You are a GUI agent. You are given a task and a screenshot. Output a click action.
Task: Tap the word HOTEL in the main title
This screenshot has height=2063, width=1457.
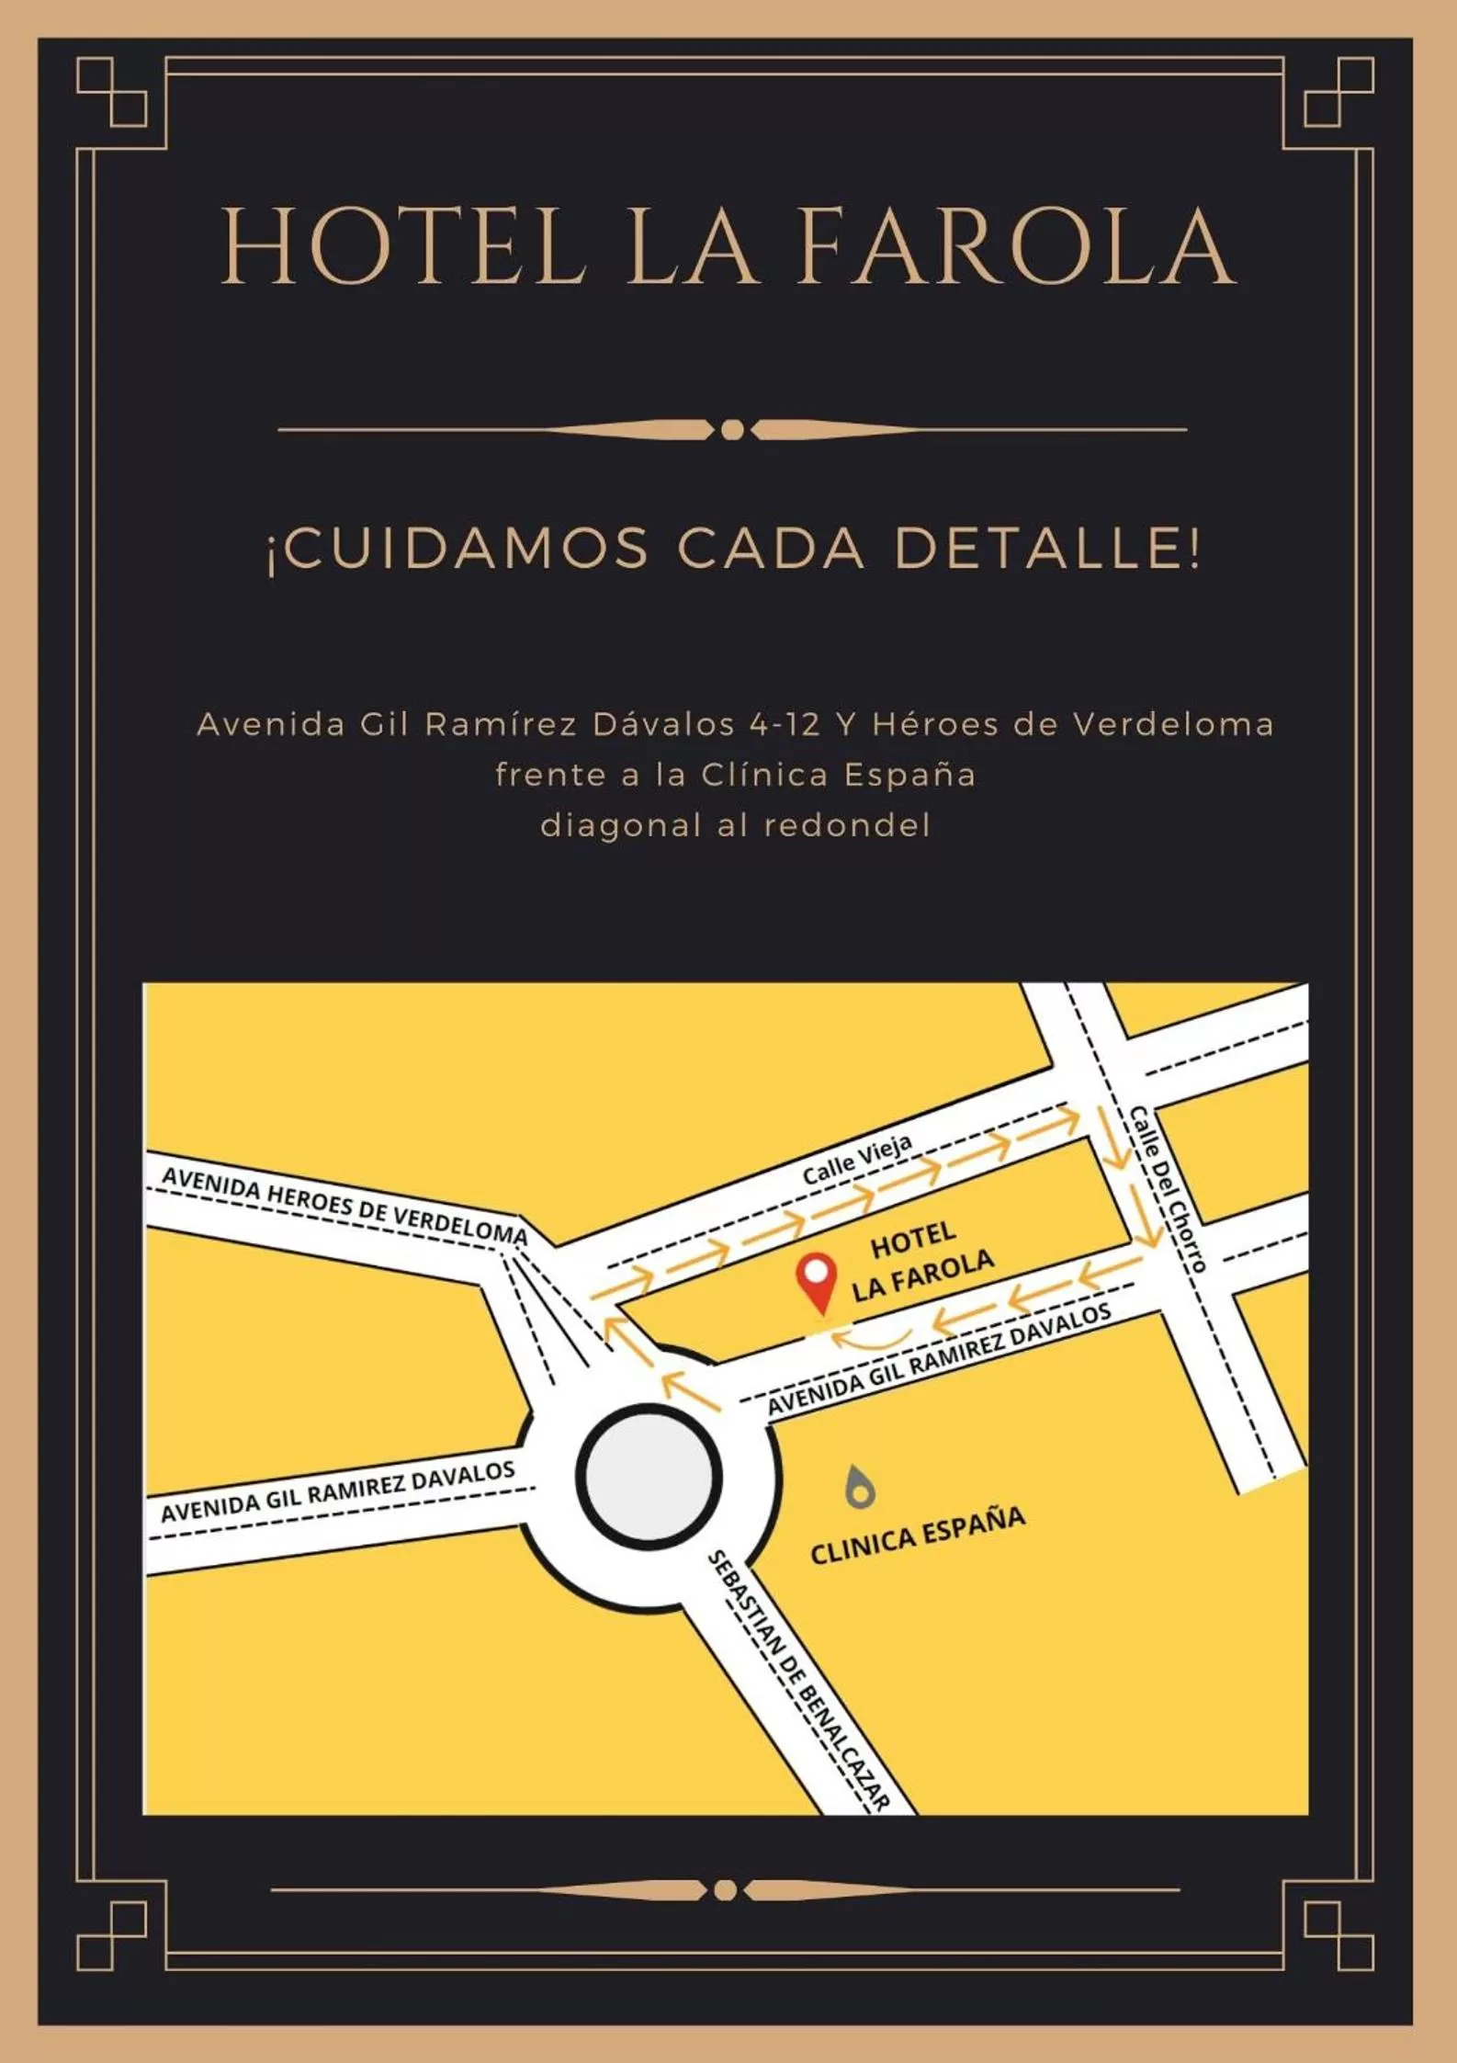tap(402, 246)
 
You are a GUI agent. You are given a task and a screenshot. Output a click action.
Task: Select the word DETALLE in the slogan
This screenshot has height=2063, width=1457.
tap(1046, 548)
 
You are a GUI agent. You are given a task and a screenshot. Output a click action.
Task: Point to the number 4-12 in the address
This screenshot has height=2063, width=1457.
tap(784, 725)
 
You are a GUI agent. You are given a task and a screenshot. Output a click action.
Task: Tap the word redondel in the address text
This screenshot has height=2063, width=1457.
tap(847, 825)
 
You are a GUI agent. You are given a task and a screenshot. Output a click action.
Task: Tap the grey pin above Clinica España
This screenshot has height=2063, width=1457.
tap(859, 1487)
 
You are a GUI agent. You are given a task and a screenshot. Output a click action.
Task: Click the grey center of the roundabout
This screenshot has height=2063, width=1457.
tap(648, 1476)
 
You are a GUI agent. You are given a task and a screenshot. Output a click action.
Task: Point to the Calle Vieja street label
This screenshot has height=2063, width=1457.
tap(857, 1160)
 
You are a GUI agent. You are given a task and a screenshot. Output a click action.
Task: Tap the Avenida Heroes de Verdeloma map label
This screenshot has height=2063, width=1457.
tap(344, 1205)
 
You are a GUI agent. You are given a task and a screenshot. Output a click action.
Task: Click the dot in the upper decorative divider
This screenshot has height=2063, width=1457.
tap(732, 429)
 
